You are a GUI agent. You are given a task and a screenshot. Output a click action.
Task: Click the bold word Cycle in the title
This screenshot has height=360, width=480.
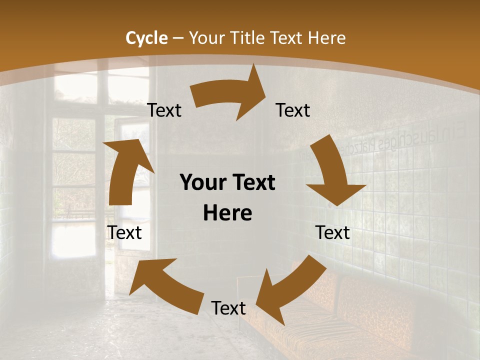click(x=146, y=38)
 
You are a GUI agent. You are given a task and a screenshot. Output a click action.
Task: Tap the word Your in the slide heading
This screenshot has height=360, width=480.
click(x=207, y=38)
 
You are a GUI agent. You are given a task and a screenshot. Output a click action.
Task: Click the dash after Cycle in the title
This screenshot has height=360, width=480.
click(x=178, y=38)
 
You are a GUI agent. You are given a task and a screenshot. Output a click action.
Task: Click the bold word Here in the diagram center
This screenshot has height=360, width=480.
click(x=227, y=213)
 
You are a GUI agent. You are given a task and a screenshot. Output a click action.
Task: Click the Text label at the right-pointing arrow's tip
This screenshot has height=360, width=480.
click(x=293, y=110)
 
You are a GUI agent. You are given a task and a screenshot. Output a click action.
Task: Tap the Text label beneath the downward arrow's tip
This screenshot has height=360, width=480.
click(x=332, y=232)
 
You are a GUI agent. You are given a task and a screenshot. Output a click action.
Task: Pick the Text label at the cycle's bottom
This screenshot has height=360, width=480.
click(x=228, y=308)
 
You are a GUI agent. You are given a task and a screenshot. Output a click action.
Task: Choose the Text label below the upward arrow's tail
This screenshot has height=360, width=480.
click(x=125, y=232)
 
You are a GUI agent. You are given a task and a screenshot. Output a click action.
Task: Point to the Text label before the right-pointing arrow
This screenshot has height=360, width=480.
click(x=164, y=110)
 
